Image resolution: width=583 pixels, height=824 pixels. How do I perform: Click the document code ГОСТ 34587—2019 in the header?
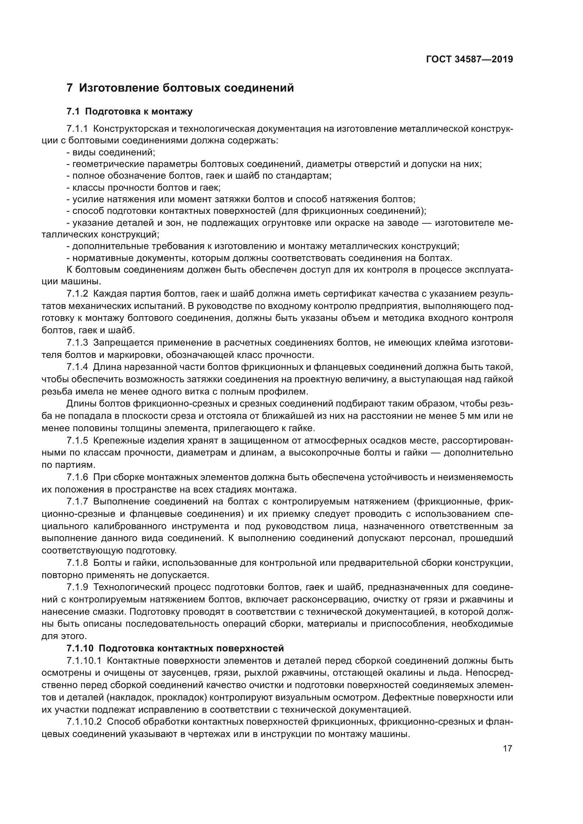click(469, 59)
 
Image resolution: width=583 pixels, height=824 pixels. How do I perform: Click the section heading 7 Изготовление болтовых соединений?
click(180, 88)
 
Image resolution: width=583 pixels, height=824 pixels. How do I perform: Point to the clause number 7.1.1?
click(77, 129)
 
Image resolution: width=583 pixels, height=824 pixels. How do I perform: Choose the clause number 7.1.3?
click(77, 343)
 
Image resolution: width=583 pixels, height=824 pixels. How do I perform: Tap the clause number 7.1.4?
click(77, 367)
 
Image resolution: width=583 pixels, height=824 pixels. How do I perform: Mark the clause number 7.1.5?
click(77, 440)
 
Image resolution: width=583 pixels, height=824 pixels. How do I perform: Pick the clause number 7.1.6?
click(77, 477)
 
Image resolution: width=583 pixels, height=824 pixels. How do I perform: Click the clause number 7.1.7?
click(77, 501)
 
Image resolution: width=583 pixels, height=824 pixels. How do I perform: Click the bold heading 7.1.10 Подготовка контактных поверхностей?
click(175, 648)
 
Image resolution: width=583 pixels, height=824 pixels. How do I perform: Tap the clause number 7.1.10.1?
click(84, 660)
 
